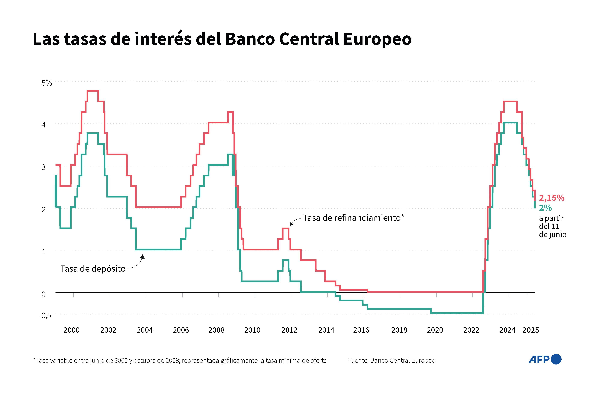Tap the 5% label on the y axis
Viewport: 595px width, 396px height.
point(47,83)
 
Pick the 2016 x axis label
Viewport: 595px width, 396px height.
point(361,330)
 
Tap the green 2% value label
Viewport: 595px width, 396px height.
point(545,208)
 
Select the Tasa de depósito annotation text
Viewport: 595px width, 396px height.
point(93,268)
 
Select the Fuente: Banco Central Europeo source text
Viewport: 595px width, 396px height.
point(391,360)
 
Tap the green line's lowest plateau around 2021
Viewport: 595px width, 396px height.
point(457,313)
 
